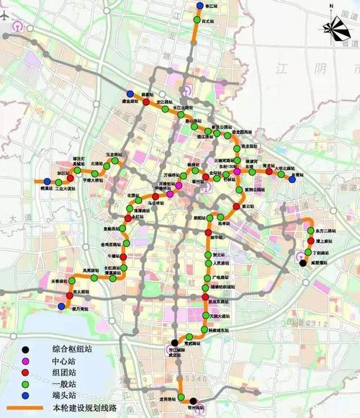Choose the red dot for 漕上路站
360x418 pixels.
tap(310, 241)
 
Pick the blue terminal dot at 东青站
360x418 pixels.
tap(292, 179)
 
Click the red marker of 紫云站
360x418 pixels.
tap(234, 208)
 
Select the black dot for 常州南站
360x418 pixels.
tap(192, 401)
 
